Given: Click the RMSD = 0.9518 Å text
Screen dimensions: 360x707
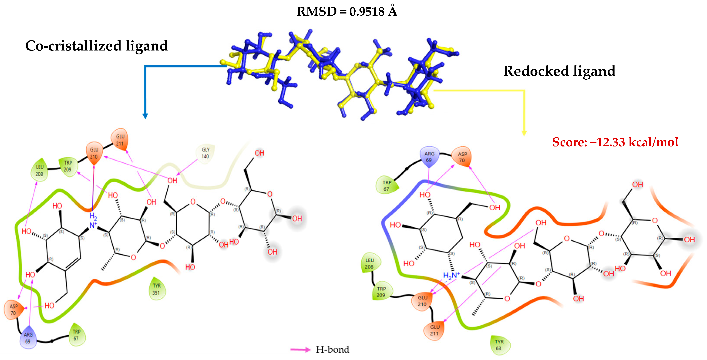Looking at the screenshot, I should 347,12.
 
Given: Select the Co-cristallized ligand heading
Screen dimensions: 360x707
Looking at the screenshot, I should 96,46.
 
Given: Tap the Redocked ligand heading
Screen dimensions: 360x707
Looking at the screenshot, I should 559,71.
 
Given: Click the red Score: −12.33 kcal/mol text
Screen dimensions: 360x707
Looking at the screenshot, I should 615,142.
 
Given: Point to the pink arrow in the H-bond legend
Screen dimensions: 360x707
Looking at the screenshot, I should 300,350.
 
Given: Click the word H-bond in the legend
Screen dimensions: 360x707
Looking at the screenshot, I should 332,350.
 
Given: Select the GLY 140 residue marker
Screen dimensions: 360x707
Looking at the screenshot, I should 205,153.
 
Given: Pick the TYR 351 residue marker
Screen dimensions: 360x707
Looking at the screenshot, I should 156,289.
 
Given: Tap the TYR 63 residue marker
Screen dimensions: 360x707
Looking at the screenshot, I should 499,345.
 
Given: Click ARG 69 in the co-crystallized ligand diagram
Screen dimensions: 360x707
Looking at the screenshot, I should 28,338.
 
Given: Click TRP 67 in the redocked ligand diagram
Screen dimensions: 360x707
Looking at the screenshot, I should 386,185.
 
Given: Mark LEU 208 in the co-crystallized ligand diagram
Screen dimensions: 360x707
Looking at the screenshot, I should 39,170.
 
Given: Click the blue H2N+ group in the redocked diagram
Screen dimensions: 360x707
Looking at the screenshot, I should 451,275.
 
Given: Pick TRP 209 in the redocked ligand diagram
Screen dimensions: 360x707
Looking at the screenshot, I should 381,292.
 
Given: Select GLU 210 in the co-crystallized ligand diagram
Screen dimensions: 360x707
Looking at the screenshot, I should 94,153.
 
